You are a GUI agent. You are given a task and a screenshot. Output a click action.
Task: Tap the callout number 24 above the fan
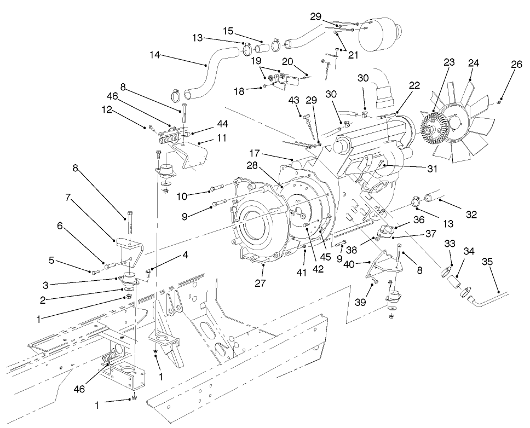(x=474, y=63)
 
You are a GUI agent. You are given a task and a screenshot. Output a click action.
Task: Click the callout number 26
(x=516, y=64)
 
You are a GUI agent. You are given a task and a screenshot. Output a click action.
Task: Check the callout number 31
(x=433, y=169)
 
